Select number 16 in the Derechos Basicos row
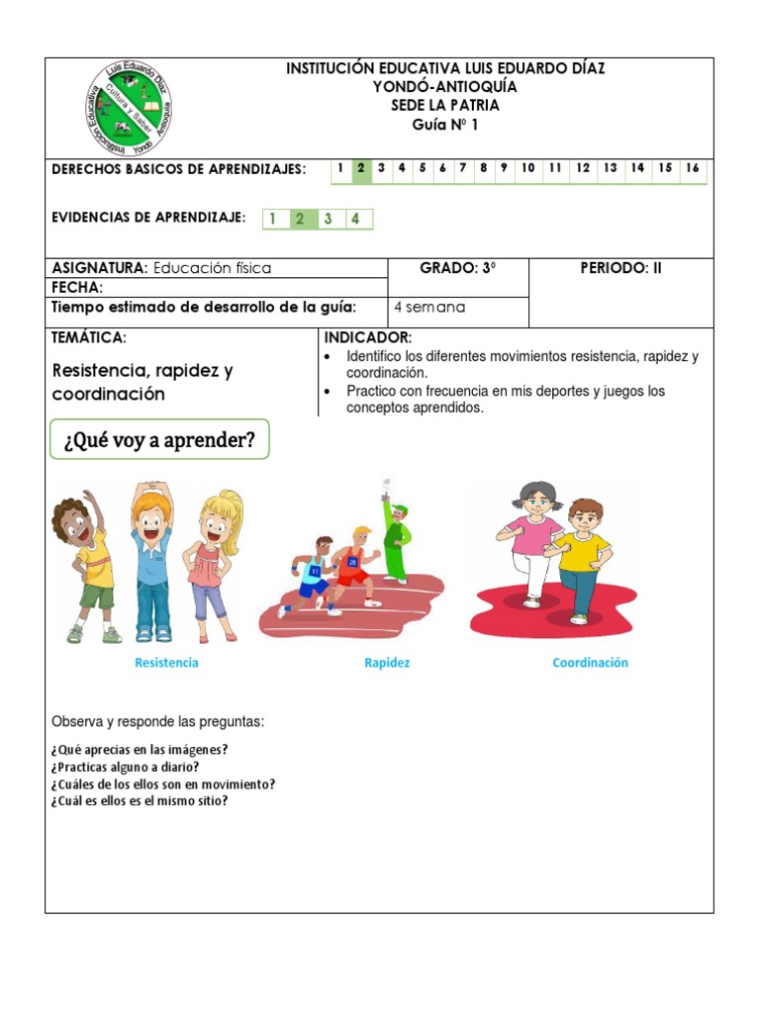pos(693,168)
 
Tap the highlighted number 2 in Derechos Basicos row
pos(361,168)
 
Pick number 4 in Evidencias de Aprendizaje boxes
pos(354,219)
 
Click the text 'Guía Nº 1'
pos(444,125)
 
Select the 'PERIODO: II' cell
pos(620,268)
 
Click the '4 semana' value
pos(429,307)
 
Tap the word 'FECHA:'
pos(77,287)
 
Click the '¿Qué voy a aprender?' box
pos(159,440)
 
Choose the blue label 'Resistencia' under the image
pos(166,663)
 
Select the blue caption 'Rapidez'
pos(387,663)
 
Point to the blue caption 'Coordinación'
pos(590,663)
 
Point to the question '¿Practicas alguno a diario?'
pos(125,767)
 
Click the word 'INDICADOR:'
pos(368,338)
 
